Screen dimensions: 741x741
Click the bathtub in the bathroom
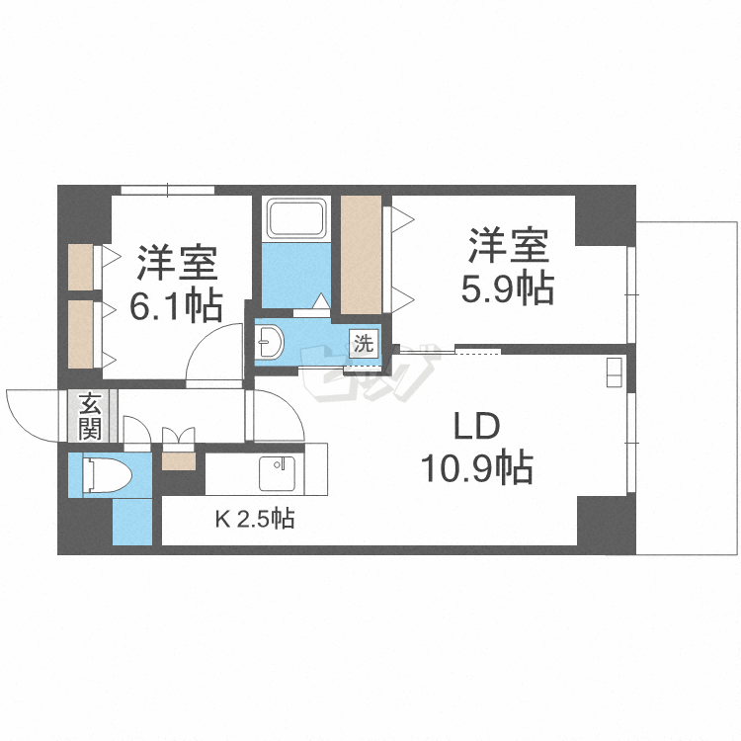(x=296, y=219)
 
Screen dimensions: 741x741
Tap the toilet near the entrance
(x=108, y=473)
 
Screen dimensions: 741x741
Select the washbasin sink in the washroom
(x=271, y=342)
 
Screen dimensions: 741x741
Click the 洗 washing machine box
(x=364, y=343)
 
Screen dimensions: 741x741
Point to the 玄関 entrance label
(x=90, y=415)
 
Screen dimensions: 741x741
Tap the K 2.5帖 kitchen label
(x=255, y=520)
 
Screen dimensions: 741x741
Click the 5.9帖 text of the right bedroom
(x=508, y=288)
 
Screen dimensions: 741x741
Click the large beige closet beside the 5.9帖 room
(x=361, y=255)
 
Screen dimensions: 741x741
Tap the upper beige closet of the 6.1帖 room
(x=80, y=267)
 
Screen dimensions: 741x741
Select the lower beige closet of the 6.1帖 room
(x=80, y=334)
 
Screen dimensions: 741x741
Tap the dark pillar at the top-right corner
(x=605, y=215)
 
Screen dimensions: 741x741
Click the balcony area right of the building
(x=688, y=387)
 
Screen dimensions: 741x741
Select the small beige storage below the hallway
(x=179, y=461)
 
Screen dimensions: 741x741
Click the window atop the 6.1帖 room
(x=168, y=190)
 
